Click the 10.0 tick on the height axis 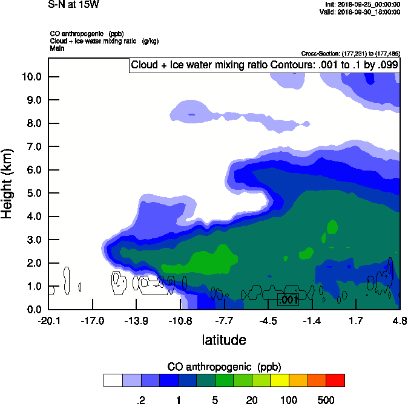coord(33,77)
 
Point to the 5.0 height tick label coord(33,194)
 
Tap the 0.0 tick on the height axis coord(33,310)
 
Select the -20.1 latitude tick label coord(48,321)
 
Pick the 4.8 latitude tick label coord(399,321)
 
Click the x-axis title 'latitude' coord(224,340)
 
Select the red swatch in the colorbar coord(335,380)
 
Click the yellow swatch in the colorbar coord(280,380)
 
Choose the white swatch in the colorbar coord(113,380)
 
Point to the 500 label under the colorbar coord(326,400)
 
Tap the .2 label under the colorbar coord(140,400)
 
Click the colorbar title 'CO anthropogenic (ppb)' coord(224,367)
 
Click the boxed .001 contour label coord(288,299)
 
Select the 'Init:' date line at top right coord(363,5)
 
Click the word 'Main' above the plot coord(58,47)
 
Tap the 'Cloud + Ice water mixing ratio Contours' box coord(264,65)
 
